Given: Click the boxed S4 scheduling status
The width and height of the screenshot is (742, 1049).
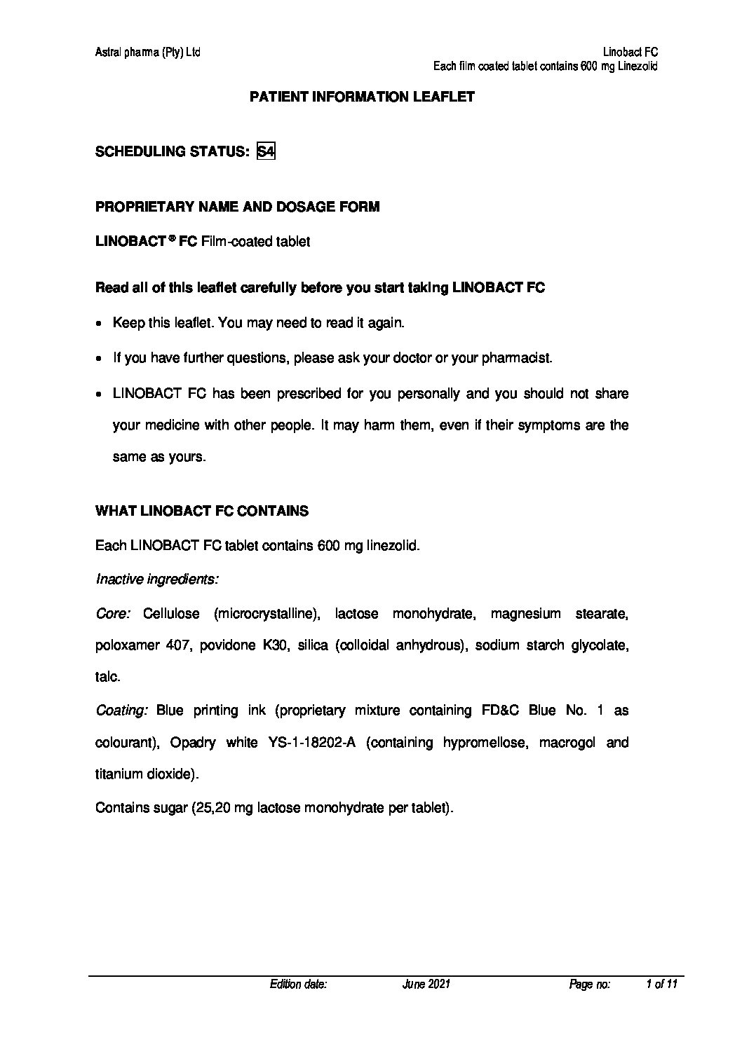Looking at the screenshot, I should (266, 151).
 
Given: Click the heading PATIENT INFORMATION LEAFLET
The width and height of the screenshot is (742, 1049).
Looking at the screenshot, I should (362, 97).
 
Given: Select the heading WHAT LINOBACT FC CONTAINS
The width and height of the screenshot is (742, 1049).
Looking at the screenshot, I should (201, 511).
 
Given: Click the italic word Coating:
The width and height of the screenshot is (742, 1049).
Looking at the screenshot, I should (121, 711).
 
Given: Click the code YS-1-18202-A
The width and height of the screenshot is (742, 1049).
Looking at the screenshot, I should (312, 743).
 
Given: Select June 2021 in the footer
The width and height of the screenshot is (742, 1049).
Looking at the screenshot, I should (426, 985).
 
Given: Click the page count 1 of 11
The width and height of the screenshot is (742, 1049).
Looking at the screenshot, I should (661, 985).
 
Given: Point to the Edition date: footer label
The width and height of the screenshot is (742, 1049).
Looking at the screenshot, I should (298, 985).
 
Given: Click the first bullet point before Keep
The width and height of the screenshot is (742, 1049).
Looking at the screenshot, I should (100, 324).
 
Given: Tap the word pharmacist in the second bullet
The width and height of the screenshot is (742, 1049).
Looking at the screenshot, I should (519, 358).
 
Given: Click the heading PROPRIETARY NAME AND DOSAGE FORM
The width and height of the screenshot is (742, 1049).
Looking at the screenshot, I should (237, 207).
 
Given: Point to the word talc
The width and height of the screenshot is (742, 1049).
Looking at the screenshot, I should (107, 678).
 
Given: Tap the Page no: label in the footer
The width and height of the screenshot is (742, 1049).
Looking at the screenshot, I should (590, 985).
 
